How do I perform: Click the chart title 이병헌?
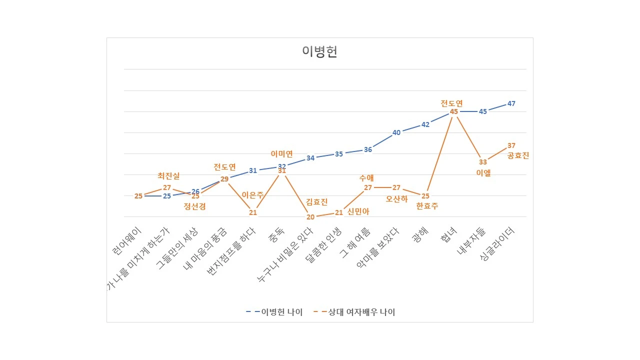click(319, 51)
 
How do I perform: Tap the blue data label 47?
click(511, 103)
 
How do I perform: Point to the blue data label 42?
click(425, 124)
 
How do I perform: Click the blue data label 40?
click(396, 132)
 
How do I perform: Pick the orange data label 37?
click(511, 145)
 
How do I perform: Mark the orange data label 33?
click(482, 162)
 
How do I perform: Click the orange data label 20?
click(310, 217)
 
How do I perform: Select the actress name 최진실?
click(168, 175)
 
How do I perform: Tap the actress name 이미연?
click(281, 154)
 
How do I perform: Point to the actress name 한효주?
click(427, 206)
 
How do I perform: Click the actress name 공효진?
click(518, 155)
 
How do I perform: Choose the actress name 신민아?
click(358, 211)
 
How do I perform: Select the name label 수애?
click(366, 177)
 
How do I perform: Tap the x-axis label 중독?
click(275, 235)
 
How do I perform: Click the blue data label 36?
click(368, 149)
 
